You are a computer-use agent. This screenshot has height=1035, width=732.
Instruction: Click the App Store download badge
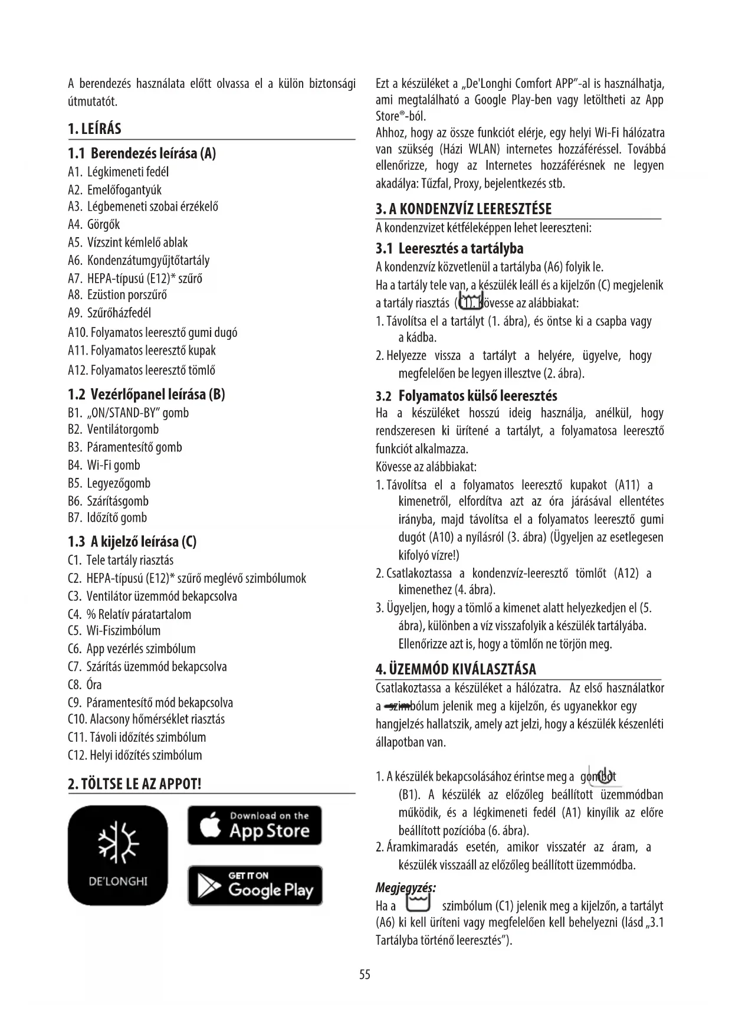[x=255, y=826]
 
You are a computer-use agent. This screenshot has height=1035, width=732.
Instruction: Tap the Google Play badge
[x=255, y=885]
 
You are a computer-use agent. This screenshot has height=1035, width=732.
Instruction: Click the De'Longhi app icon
[x=118, y=855]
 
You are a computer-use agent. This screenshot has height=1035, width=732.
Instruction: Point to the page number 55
[x=365, y=974]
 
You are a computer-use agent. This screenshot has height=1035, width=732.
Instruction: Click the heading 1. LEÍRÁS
[x=95, y=129]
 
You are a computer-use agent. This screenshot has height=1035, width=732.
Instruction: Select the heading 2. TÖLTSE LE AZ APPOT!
[x=135, y=784]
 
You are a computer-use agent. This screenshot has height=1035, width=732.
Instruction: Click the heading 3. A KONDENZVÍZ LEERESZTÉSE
[x=464, y=209]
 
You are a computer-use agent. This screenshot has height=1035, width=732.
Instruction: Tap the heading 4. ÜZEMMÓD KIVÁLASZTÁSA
[x=456, y=670]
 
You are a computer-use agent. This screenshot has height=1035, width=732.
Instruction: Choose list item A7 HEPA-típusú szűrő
[x=135, y=279]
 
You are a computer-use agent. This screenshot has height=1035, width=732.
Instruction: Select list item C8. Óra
[x=85, y=684]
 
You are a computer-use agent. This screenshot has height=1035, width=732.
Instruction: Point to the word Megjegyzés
[x=406, y=887]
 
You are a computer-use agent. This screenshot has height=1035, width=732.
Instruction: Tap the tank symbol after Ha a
[x=418, y=905]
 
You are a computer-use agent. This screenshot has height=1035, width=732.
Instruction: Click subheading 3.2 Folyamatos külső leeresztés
[x=467, y=395]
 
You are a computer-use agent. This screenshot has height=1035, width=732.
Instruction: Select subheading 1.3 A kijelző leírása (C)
[x=132, y=541]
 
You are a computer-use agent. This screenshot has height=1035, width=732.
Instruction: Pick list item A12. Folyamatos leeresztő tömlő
[x=142, y=370]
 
